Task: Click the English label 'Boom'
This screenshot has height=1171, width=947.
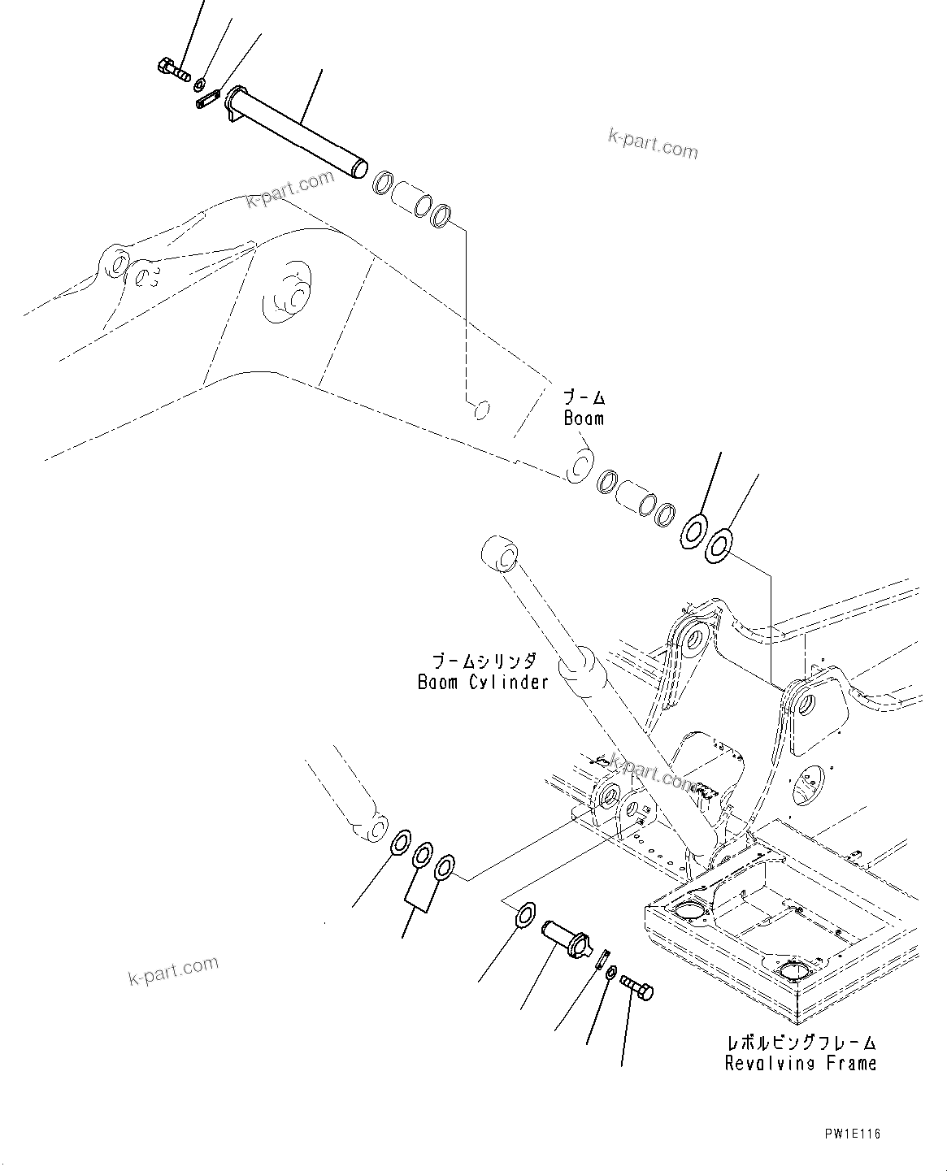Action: click(x=584, y=419)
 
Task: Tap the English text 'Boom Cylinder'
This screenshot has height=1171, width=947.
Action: click(x=483, y=682)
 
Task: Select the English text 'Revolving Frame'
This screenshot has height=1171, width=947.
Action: click(x=801, y=1063)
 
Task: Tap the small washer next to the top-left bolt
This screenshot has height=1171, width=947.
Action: click(x=199, y=83)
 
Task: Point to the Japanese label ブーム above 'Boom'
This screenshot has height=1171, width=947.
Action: click(x=584, y=398)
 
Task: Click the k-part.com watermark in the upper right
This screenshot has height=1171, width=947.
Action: click(x=652, y=145)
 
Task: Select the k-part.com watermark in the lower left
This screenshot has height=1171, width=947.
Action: click(x=173, y=969)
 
